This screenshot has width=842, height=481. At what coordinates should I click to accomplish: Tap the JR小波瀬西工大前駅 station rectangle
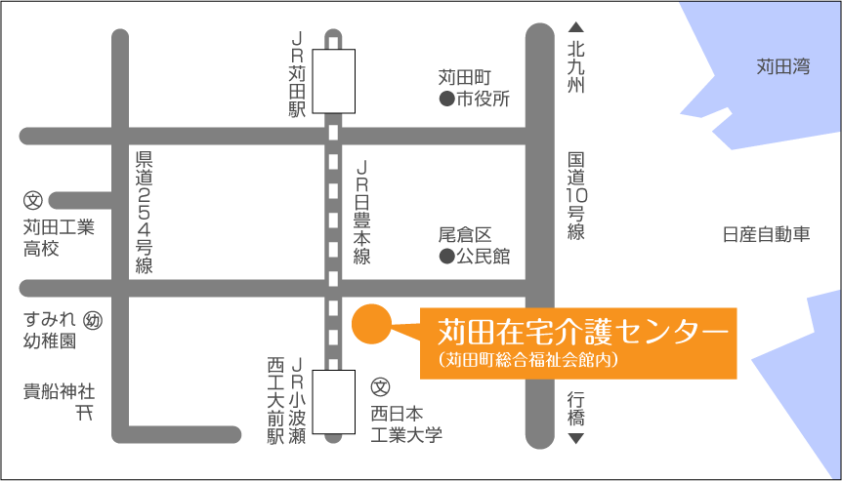(x=333, y=403)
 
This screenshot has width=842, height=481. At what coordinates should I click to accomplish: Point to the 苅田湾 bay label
(x=783, y=67)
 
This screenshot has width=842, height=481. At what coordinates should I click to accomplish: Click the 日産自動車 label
(x=767, y=235)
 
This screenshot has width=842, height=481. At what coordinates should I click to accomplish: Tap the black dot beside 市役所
(x=445, y=100)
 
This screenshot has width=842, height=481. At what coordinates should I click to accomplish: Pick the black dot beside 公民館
(x=445, y=258)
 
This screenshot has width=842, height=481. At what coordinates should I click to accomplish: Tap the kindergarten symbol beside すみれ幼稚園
(x=94, y=320)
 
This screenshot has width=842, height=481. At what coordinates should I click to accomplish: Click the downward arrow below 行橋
(x=576, y=440)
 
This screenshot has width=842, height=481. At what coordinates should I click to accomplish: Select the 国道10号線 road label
(x=576, y=195)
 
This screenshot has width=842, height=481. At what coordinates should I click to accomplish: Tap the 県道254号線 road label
(x=145, y=213)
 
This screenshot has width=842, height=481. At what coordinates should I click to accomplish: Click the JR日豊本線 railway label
(x=361, y=213)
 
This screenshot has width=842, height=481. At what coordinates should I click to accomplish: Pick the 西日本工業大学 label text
(x=406, y=422)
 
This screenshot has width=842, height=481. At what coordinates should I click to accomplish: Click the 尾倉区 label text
(x=464, y=235)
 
